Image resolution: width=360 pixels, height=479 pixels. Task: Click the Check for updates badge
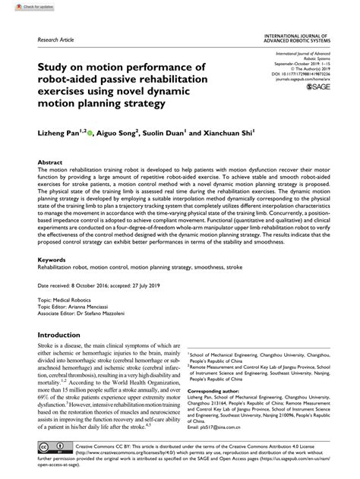[x=22, y=6]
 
